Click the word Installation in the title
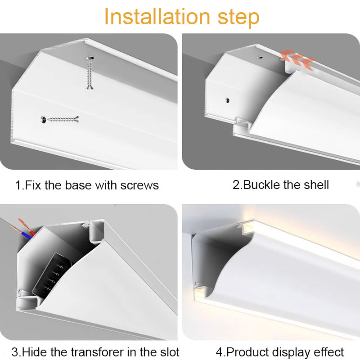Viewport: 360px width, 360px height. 157,17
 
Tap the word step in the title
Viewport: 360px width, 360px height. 238,18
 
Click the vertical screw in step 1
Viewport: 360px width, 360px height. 90,72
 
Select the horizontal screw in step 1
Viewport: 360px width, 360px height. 60,119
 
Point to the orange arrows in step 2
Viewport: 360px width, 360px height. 297,59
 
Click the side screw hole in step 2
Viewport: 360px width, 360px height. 227,100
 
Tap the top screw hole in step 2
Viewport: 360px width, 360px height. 260,58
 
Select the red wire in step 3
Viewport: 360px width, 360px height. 27,227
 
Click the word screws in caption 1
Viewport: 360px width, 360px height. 139,185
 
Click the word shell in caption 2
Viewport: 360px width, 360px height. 316,185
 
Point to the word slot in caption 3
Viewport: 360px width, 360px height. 168,352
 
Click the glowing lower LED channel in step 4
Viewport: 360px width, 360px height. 199,294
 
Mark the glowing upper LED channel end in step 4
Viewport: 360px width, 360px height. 248,229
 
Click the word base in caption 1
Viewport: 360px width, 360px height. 78,185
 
